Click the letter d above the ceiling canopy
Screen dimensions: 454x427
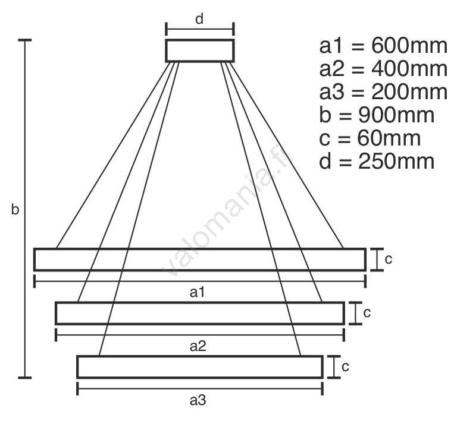[x=199, y=20]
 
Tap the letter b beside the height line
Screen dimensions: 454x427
[x=15, y=209]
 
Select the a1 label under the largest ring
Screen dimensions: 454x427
[x=198, y=292]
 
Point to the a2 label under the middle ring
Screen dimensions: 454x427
[x=198, y=346]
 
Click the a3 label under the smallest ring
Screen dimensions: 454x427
[x=198, y=400]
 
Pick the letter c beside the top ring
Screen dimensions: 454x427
[x=389, y=260]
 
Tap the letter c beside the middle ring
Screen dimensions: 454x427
[x=367, y=313]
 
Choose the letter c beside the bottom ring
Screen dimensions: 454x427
[x=345, y=367]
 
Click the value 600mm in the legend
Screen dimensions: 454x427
[x=409, y=46]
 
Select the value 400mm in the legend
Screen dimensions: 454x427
[x=409, y=69]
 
